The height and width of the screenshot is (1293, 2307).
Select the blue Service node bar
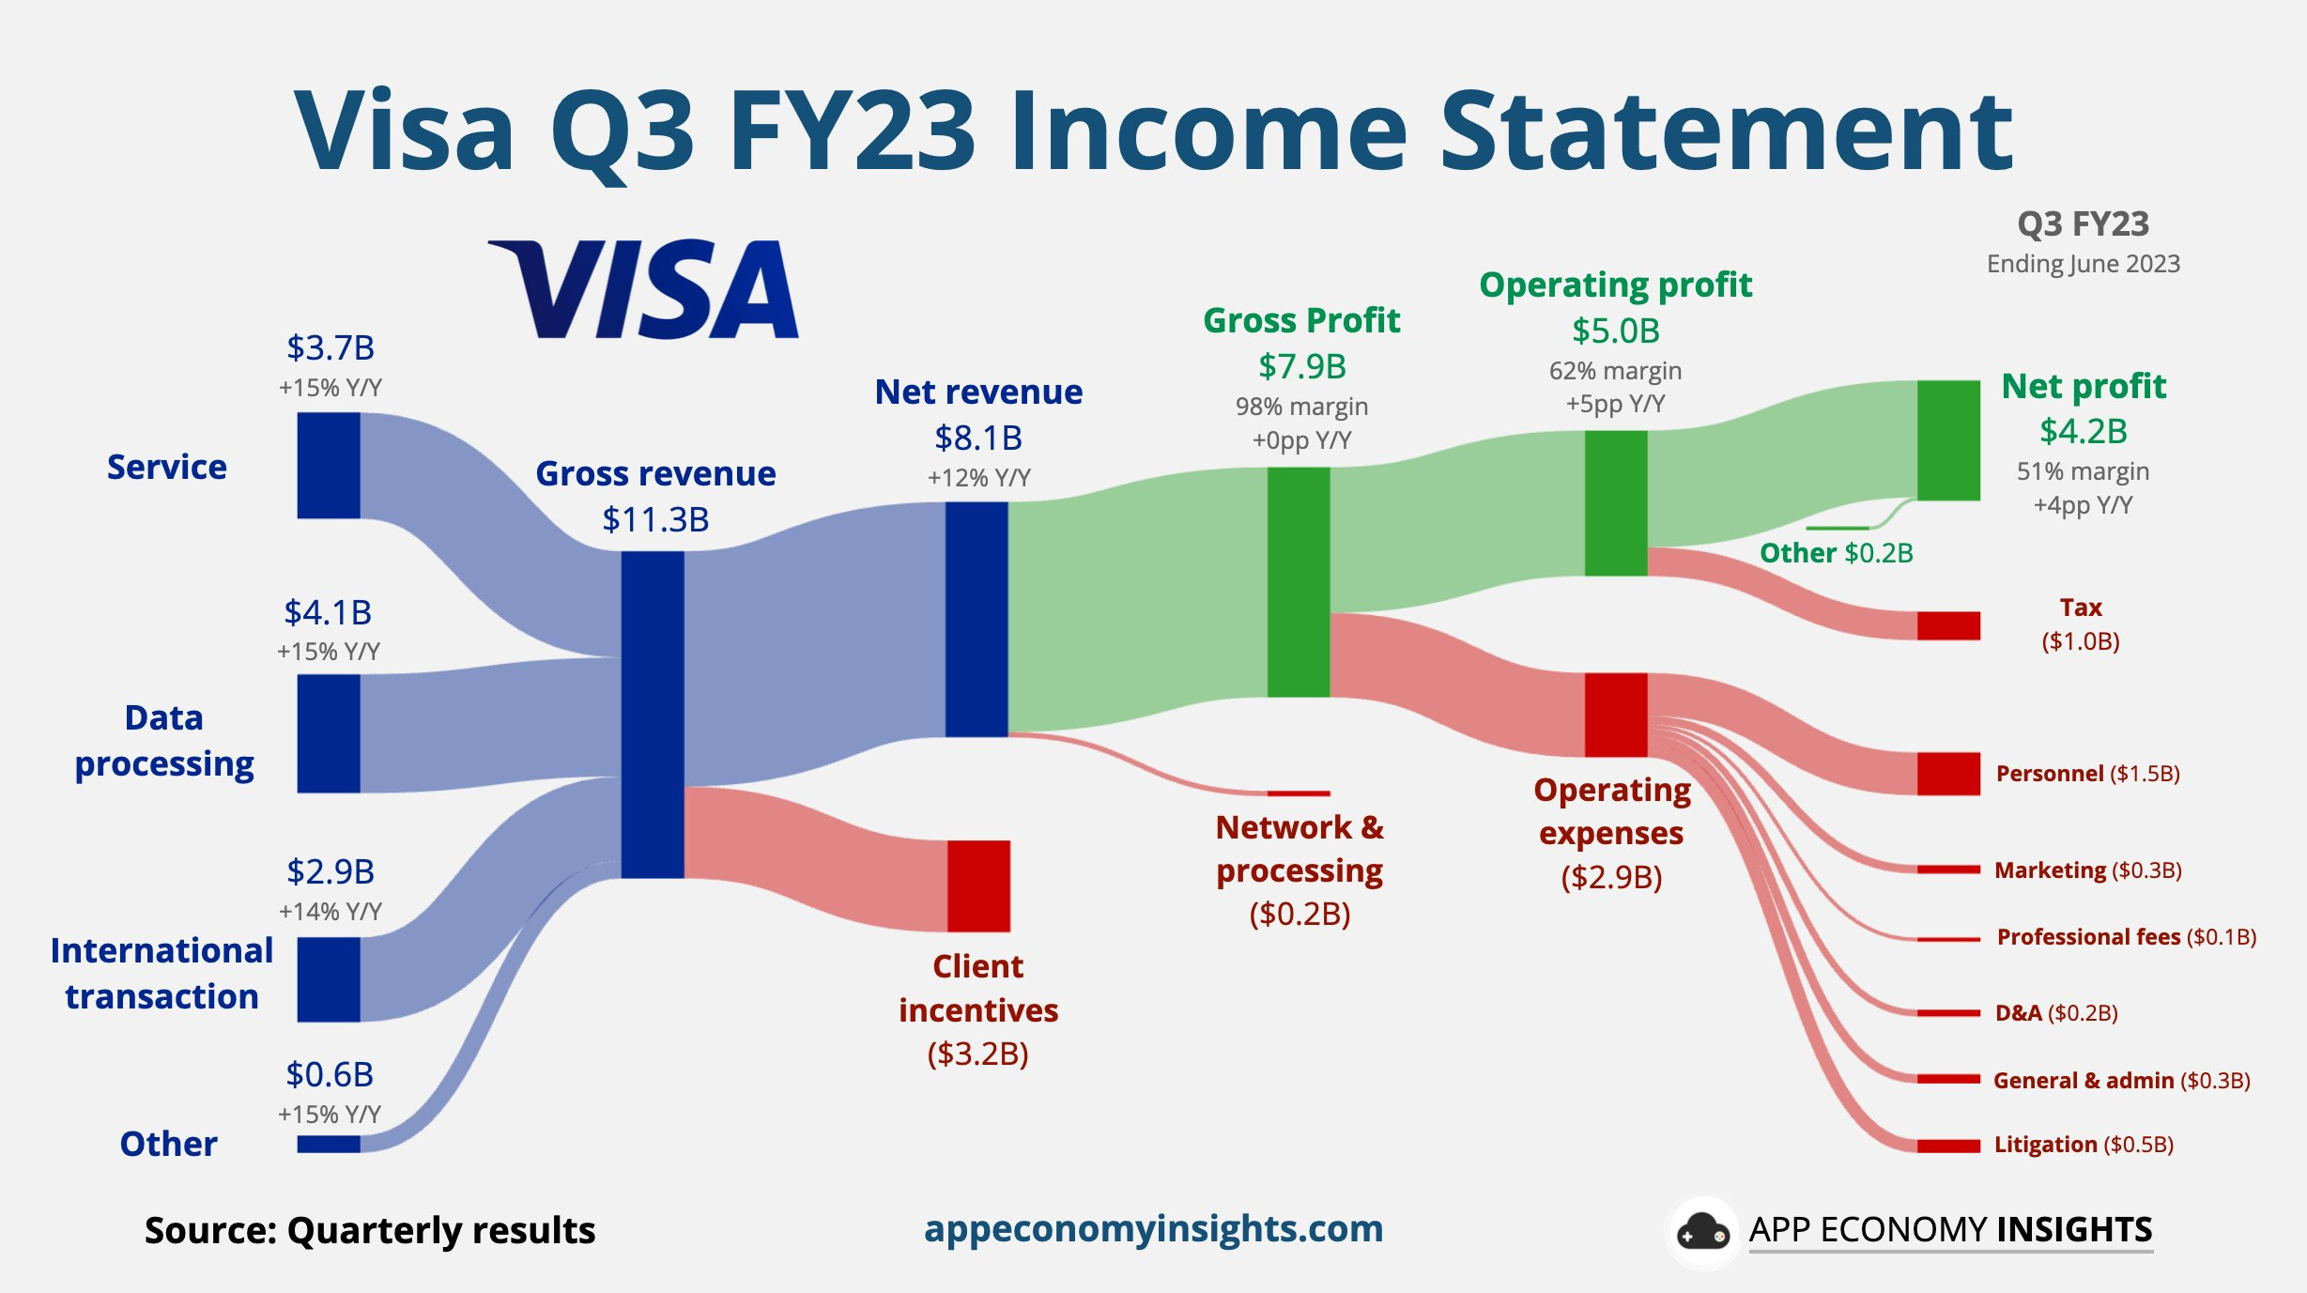pyautogui.click(x=329, y=465)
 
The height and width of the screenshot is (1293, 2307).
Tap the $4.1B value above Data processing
pyautogui.click(x=328, y=612)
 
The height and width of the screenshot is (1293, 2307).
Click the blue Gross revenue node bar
pyautogui.click(x=653, y=714)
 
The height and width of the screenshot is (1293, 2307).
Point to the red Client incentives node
pyautogui.click(x=978, y=885)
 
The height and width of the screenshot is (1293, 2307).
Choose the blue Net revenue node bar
pyautogui.click(x=977, y=619)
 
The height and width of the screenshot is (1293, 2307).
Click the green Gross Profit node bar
pyautogui.click(x=1299, y=581)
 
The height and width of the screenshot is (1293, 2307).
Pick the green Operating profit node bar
pyautogui.click(x=1616, y=502)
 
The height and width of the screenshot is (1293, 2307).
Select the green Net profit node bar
pyautogui.click(x=1948, y=439)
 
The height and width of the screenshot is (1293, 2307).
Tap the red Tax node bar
pyautogui.click(x=1948, y=625)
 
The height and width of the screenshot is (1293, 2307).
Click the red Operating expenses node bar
pyautogui.click(x=1616, y=714)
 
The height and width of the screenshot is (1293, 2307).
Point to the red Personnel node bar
pyautogui.click(x=1948, y=773)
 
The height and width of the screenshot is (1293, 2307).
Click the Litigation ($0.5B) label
pyautogui.click(x=2084, y=1144)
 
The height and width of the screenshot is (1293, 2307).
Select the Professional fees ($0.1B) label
pyautogui.click(x=2126, y=936)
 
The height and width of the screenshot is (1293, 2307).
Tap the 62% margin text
pyautogui.click(x=1615, y=370)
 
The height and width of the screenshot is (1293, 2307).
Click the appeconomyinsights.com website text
pyautogui.click(x=1153, y=1228)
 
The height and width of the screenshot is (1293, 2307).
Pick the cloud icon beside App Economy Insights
pyautogui.click(x=1702, y=1231)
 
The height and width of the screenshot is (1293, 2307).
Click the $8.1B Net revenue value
pyautogui.click(x=978, y=438)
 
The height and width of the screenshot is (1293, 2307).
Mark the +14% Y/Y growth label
pyautogui.click(x=330, y=911)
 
